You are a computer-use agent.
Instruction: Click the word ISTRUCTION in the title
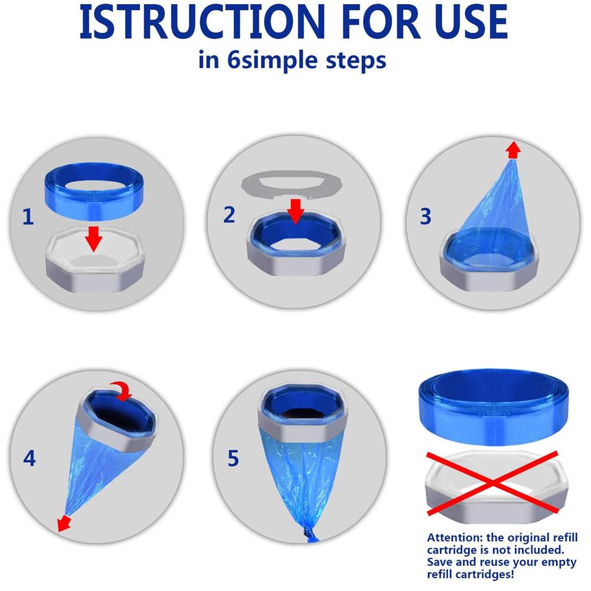[202, 22]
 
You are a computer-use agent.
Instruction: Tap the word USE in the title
[471, 22]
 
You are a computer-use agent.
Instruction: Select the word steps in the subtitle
[356, 61]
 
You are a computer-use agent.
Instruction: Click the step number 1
[28, 217]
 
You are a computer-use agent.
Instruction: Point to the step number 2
[229, 214]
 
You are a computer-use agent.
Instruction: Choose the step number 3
[426, 216]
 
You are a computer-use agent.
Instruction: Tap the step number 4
[30, 458]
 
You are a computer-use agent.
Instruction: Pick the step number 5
[233, 458]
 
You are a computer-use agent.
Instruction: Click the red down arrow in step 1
[93, 239]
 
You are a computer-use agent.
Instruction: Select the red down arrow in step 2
[296, 211]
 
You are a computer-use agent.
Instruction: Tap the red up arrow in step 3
[513, 150]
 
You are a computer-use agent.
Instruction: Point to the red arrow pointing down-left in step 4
[64, 524]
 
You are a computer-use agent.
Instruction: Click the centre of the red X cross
[492, 482]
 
